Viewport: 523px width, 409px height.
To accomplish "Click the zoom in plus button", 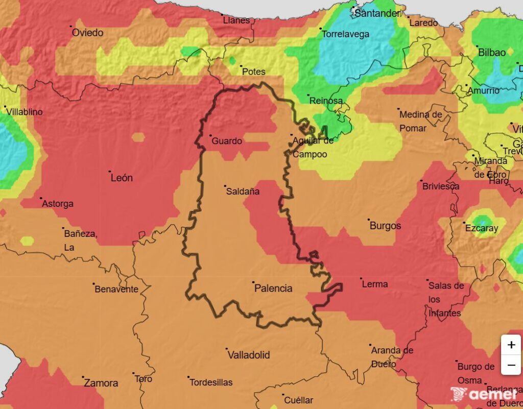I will click(511, 345).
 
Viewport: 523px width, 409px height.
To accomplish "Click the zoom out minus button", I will click(511, 365).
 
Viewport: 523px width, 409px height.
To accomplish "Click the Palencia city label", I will click(273, 288).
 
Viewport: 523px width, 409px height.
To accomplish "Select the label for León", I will click(122, 178).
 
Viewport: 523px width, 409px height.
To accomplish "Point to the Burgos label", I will click(385, 225).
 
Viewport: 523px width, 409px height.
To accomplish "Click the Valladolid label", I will click(248, 355).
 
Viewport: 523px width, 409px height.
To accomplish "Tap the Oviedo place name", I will click(87, 33).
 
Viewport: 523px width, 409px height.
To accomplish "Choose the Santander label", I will click(377, 14).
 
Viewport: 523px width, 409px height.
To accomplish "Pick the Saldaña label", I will click(243, 191).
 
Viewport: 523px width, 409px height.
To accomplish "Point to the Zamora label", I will click(101, 383).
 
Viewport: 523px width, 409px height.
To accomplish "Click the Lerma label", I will click(374, 284).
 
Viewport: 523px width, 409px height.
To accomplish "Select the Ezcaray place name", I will click(481, 228).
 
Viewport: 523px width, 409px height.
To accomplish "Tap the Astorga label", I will click(58, 204).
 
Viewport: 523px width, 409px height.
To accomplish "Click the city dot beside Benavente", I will click(94, 284).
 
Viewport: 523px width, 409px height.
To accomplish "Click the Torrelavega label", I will click(345, 35).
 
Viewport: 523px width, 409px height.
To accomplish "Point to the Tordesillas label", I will click(211, 382).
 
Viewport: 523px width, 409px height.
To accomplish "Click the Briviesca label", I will click(441, 186).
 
